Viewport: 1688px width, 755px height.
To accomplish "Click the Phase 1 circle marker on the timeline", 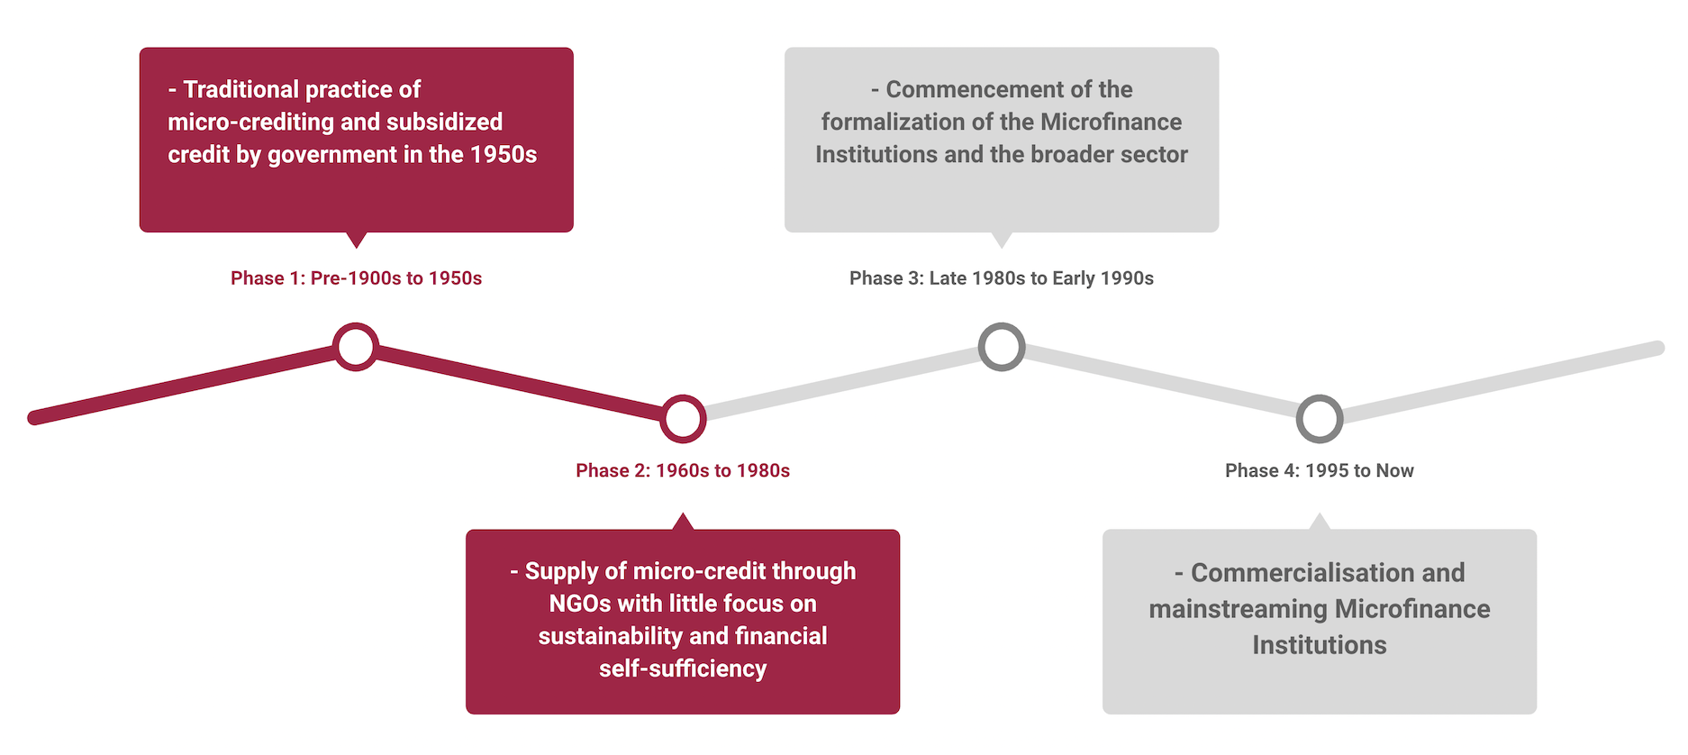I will (356, 347).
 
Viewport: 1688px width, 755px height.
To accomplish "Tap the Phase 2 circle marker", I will (683, 419).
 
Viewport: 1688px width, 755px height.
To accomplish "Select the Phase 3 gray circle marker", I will (1002, 347).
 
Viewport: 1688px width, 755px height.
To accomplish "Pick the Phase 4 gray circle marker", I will (1320, 419).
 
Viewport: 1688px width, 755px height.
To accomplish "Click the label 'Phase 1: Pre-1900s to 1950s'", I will (356, 278).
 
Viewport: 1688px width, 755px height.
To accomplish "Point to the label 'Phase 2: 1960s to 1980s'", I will (683, 470).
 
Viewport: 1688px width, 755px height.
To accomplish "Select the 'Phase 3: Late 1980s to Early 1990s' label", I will (1002, 278).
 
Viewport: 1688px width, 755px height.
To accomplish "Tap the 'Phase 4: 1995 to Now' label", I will (1320, 470).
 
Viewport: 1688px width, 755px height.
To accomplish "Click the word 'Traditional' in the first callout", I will (240, 89).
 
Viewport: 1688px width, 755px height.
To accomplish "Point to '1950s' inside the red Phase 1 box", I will (504, 154).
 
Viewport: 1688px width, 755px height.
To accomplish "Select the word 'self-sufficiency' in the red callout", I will (683, 669).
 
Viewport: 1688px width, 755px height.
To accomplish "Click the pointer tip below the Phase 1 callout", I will (357, 244).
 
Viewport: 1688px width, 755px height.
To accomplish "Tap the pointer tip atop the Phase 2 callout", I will (683, 516).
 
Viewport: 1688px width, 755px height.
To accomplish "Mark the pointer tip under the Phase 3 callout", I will (1002, 244).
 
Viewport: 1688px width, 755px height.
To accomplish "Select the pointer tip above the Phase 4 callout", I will (1320, 516).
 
